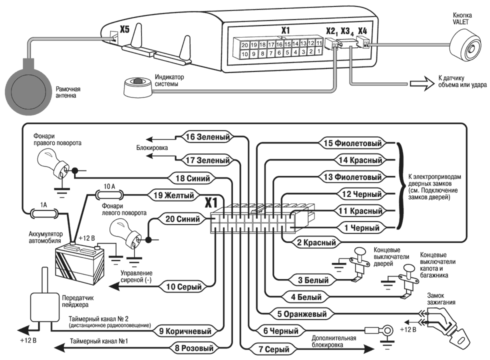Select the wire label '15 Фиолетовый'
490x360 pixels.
352,144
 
